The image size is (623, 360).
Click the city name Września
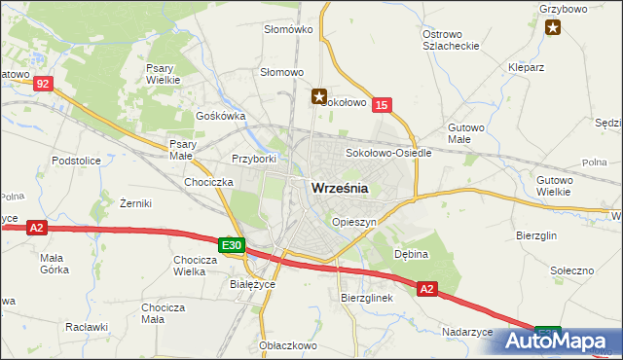pyautogui.click(x=339, y=190)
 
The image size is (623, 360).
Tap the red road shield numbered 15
pyautogui.click(x=383, y=105)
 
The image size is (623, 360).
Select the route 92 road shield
pyautogui.click(x=41, y=85)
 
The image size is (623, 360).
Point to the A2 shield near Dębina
pyautogui.click(x=427, y=289)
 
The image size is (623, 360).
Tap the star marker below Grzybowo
pyautogui.click(x=554, y=27)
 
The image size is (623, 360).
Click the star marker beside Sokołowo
pyautogui.click(x=318, y=96)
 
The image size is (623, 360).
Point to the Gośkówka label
pyautogui.click(x=220, y=115)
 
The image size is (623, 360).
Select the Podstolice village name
pyautogui.click(x=77, y=159)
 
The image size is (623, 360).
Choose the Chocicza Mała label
pyautogui.click(x=164, y=313)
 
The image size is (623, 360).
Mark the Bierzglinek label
pyautogui.click(x=366, y=298)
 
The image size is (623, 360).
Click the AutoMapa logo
pyautogui.click(x=564, y=341)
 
